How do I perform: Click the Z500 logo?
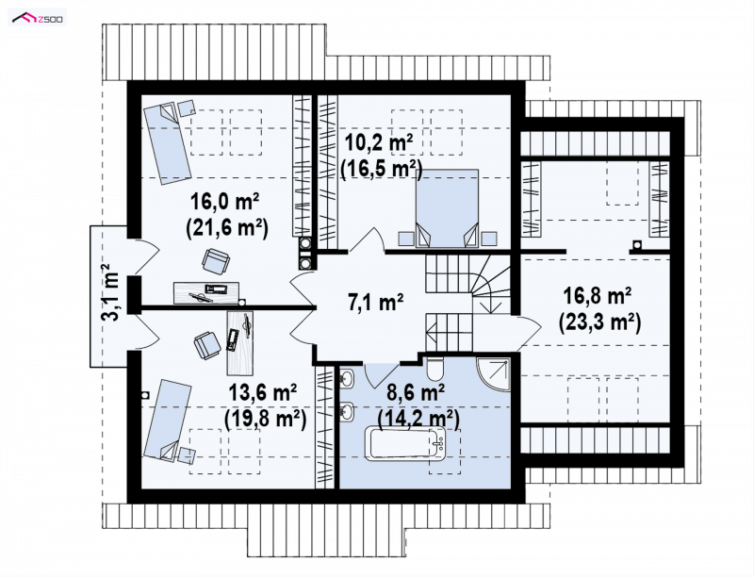pyautogui.click(x=38, y=19)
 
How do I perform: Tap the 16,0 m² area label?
pyautogui.click(x=225, y=201)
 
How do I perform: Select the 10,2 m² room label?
pyautogui.click(x=379, y=143)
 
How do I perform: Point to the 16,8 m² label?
pyautogui.click(x=598, y=296)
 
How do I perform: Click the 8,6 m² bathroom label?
pyautogui.click(x=416, y=393)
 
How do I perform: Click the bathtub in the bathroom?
pyautogui.click(x=407, y=442)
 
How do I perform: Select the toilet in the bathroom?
pyautogui.click(x=434, y=368)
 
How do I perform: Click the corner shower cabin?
pyautogui.click(x=492, y=373)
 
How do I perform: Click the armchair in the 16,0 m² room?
pyautogui.click(x=216, y=261)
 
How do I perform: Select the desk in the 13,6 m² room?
pyautogui.click(x=240, y=342)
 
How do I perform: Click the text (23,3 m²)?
pyautogui.click(x=599, y=322)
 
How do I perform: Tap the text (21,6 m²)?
pyautogui.click(x=227, y=227)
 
